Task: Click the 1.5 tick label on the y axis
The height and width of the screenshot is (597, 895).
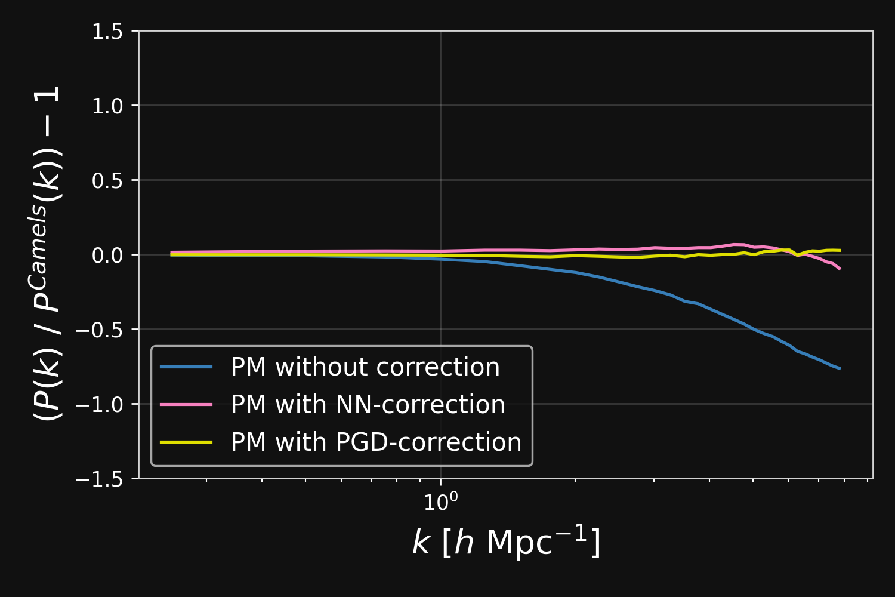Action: [x=107, y=31]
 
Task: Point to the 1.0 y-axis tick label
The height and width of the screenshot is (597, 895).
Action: [x=107, y=106]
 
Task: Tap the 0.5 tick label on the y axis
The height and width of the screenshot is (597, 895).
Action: [x=107, y=180]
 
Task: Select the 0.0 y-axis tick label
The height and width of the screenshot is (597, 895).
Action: [x=107, y=255]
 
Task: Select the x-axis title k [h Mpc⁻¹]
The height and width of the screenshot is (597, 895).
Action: [x=506, y=542]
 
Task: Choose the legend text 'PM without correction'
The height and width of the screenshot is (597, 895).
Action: [x=365, y=367]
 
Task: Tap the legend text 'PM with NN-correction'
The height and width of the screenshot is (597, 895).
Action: [x=368, y=405]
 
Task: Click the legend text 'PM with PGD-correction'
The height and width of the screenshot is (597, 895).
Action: [x=376, y=442]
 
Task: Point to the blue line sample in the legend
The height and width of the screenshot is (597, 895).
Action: [x=186, y=367]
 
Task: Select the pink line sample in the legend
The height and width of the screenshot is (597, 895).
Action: [x=186, y=405]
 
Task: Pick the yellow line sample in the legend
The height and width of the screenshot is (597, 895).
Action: [x=186, y=442]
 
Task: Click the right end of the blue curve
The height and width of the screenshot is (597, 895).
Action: [x=840, y=368]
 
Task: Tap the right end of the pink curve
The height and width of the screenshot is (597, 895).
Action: [x=840, y=269]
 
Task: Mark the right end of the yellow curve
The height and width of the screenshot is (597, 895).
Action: [x=840, y=250]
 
